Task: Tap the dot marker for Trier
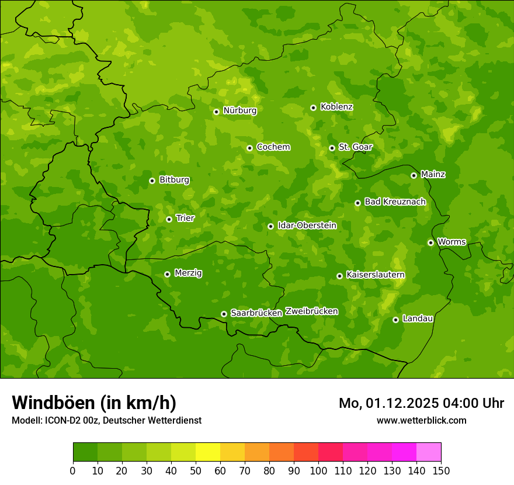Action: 169,219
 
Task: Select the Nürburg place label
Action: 239,110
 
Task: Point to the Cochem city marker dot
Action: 249,148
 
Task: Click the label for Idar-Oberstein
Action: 307,225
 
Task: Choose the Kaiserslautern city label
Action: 375,275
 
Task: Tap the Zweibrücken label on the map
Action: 311,311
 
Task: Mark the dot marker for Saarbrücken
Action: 224,314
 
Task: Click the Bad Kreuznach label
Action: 395,202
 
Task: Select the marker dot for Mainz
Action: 414,175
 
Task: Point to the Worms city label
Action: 452,242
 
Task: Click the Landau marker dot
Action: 395,320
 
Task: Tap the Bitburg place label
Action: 174,180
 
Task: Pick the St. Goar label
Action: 355,147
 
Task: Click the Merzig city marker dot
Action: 167,274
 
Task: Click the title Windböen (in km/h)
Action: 93,403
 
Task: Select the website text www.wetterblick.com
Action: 421,420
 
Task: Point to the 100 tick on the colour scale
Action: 318,470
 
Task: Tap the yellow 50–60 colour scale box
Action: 208,452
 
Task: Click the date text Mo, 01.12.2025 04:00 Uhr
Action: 421,403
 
